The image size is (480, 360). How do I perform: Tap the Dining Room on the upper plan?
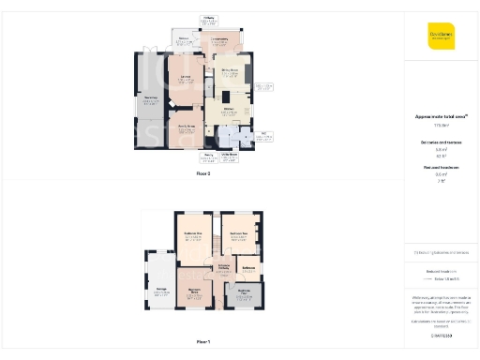(x=229, y=70)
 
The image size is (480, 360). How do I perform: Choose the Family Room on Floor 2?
(x=186, y=127)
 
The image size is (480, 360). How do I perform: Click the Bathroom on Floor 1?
(x=249, y=269)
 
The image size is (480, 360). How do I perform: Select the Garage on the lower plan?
(x=160, y=292)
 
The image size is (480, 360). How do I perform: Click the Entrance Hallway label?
(x=224, y=268)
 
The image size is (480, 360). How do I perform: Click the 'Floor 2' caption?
(x=203, y=174)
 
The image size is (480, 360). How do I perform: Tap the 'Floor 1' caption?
(x=203, y=341)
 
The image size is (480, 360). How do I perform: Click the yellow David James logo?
(x=441, y=36)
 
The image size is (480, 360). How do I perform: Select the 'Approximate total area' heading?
(x=441, y=116)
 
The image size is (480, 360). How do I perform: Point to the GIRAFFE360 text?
(x=441, y=334)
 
